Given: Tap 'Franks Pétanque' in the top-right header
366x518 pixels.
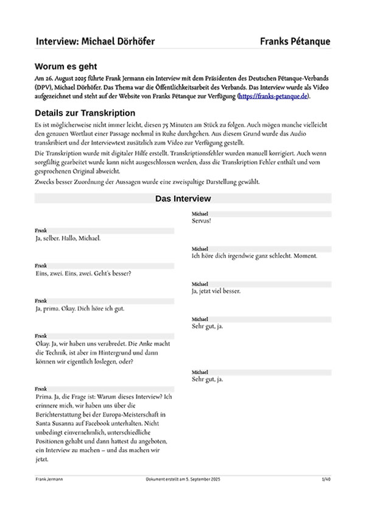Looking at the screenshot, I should [295, 41].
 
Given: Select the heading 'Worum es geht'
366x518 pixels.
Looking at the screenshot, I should [66, 66].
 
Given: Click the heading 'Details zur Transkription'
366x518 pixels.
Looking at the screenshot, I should [85, 113].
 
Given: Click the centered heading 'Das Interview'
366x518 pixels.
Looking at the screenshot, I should [183, 199].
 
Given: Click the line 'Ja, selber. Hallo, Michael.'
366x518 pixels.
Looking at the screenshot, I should [68, 238].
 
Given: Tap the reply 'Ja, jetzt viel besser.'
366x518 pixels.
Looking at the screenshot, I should [216, 291].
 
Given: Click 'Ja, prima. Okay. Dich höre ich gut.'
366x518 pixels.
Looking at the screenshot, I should [80, 308].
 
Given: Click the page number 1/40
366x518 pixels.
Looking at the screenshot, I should [326, 480].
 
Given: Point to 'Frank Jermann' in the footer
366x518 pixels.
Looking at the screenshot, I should [49, 480].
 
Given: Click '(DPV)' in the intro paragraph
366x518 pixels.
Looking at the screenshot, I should [44, 88].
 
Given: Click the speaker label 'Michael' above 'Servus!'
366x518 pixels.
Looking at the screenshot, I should [200, 214].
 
